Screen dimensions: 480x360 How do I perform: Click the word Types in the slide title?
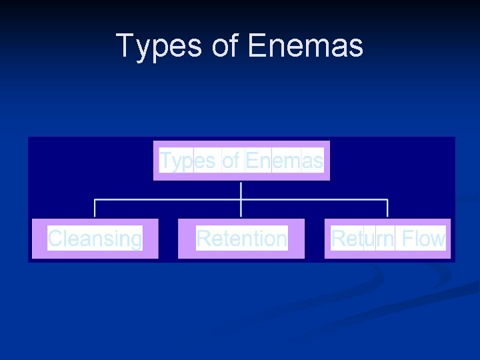click(x=157, y=46)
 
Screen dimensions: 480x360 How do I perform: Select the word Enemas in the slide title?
click(x=305, y=46)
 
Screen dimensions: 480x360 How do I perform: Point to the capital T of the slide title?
click(x=125, y=46)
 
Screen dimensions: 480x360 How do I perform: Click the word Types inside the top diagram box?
click(x=187, y=161)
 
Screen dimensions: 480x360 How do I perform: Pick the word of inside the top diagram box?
click(x=230, y=161)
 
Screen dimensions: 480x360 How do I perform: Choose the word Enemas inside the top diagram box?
click(x=284, y=161)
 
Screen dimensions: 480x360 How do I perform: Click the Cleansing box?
click(x=95, y=238)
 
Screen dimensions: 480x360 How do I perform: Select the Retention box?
click(x=241, y=238)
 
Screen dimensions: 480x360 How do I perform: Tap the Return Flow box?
click(x=387, y=238)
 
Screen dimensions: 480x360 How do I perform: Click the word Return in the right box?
click(x=362, y=238)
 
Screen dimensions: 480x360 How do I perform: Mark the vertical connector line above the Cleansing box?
click(x=95, y=208)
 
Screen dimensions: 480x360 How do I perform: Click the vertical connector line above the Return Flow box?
click(x=387, y=208)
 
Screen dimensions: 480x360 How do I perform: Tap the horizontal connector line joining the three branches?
click(x=167, y=199)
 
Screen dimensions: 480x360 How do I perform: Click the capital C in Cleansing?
click(x=55, y=238)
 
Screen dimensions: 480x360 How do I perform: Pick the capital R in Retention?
click(x=203, y=238)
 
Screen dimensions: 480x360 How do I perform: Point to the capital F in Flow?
click(x=407, y=238)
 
